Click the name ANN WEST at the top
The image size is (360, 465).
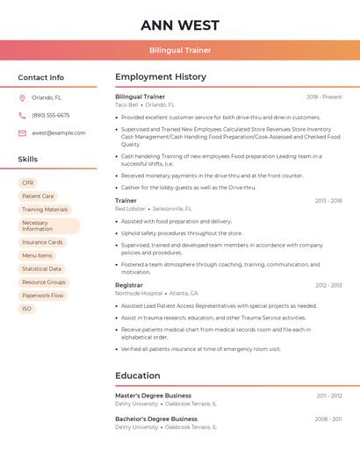tap(180, 25)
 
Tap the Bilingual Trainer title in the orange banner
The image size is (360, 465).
tap(180, 50)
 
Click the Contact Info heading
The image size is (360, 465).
tap(40, 77)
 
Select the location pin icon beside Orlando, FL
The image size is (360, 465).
tap(22, 97)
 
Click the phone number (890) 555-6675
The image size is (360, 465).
tap(50, 115)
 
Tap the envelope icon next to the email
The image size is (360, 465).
tap(22, 133)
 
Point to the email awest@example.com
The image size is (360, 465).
tap(59, 133)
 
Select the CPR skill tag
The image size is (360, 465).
tap(27, 182)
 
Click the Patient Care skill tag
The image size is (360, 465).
tap(38, 196)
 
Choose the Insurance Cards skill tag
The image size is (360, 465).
tap(42, 242)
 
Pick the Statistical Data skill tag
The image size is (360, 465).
tap(41, 268)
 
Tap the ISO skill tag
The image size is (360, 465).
tap(26, 309)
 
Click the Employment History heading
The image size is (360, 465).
tap(161, 77)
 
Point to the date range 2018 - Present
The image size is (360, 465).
tap(324, 97)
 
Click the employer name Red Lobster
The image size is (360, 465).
tap(131, 209)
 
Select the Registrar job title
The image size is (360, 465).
tap(128, 285)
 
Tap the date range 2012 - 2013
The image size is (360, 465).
tap(328, 285)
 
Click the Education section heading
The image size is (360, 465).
tap(138, 376)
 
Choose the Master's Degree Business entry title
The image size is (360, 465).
tap(153, 396)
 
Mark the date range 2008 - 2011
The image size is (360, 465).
tap(329, 419)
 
